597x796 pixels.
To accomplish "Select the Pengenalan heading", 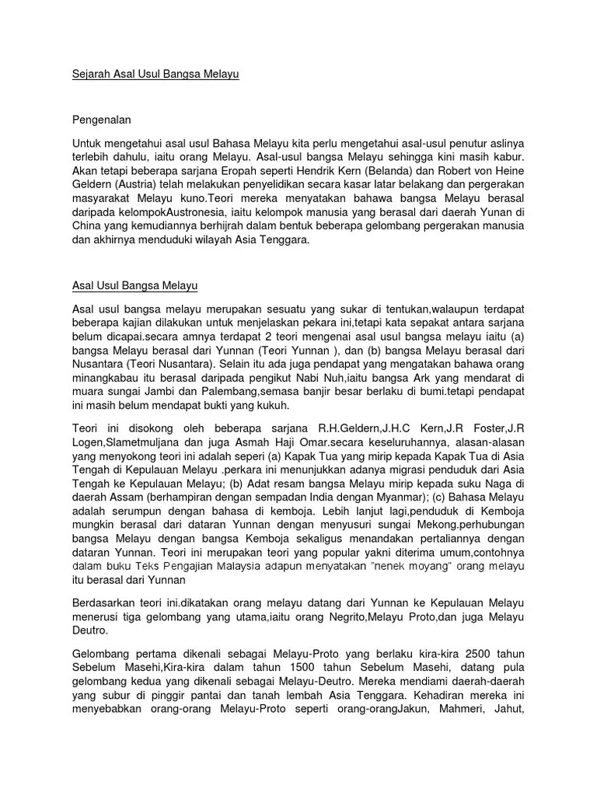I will [102, 120].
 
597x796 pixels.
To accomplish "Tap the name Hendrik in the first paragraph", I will [326, 170].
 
